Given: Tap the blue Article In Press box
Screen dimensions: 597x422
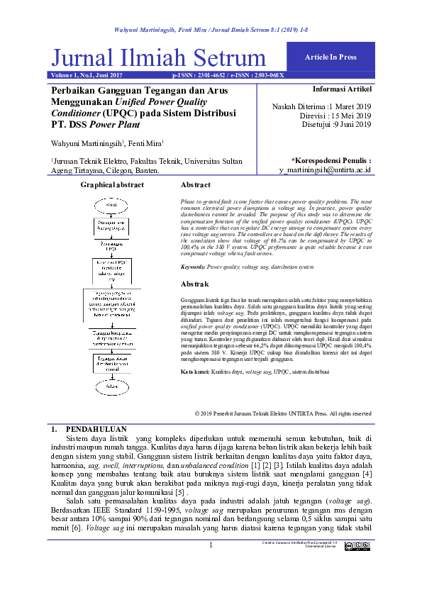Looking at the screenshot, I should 330,57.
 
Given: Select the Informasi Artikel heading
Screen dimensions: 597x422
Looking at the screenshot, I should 342,89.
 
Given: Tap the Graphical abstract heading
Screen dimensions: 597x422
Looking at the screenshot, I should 112,185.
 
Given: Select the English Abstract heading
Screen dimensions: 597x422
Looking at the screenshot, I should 195,185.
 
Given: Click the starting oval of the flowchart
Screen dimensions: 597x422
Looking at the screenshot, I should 111,204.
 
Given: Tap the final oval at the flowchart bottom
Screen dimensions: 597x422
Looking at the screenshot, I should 111,386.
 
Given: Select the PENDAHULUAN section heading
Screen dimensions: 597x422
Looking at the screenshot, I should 96,430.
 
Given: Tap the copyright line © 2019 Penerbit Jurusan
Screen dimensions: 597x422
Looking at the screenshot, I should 282,413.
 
